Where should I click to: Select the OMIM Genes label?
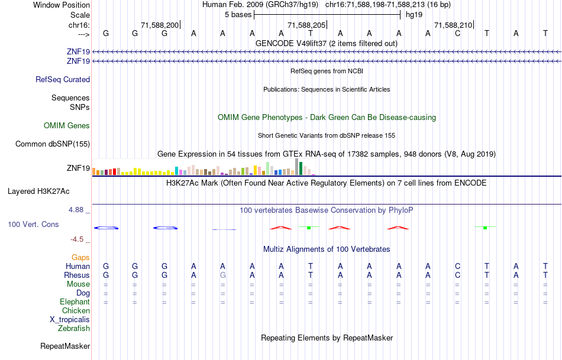point(67,126)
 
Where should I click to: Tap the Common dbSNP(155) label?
point(53,144)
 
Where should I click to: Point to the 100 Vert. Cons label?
point(34,225)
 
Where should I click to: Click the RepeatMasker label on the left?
point(65,346)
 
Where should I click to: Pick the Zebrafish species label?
point(74,329)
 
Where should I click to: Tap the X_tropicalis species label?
point(70,320)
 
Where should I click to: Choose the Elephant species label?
point(75,302)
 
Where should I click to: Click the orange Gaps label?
point(80,258)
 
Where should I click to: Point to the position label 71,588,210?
point(453,25)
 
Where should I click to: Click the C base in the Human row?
point(457,267)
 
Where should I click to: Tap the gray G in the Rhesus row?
point(222,275)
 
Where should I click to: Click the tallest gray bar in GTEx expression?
point(296,167)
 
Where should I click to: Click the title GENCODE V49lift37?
point(327,44)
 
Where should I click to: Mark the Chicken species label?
point(76,311)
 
